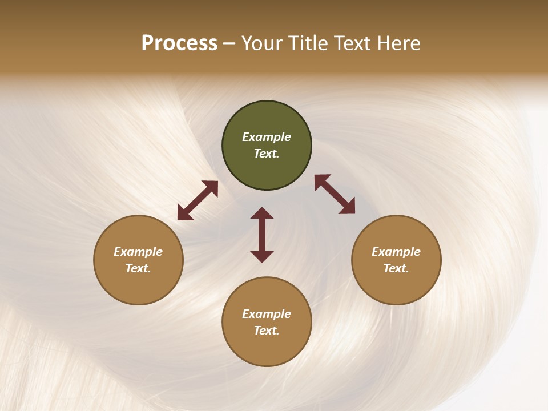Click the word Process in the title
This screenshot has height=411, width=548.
click(179, 43)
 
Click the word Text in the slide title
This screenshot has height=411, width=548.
click(353, 43)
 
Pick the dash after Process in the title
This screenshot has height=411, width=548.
click(229, 45)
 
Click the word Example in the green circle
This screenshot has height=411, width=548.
click(267, 137)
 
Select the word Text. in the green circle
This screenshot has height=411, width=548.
click(267, 154)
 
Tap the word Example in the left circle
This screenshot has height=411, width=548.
click(138, 252)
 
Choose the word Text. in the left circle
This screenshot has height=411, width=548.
click(138, 268)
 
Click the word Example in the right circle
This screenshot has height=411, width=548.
click(396, 252)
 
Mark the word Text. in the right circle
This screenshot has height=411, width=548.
click(396, 268)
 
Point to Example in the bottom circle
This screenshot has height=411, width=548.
click(267, 314)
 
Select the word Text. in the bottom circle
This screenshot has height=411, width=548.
click(267, 331)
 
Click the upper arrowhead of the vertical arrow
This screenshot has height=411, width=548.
click(262, 213)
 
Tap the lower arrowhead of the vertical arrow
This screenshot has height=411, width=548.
click(262, 257)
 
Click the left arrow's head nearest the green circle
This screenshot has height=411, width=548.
click(212, 187)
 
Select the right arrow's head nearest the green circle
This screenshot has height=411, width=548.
click(321, 181)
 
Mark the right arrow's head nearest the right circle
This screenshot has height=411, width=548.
click(348, 208)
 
